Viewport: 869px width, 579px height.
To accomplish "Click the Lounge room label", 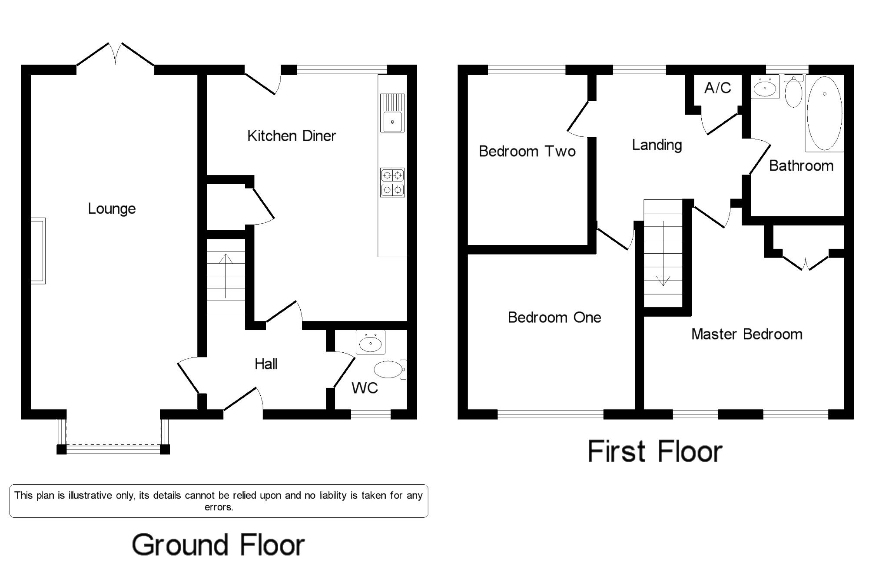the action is pyautogui.click(x=112, y=209).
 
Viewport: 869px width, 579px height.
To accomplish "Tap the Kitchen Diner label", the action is pyautogui.click(x=292, y=136).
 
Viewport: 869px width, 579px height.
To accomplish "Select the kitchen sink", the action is pyautogui.click(x=392, y=113).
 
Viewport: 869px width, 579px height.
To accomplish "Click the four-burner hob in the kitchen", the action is pyautogui.click(x=392, y=182).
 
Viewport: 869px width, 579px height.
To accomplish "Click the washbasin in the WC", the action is pyautogui.click(x=371, y=342).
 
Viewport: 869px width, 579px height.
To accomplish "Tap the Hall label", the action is pyautogui.click(x=266, y=364).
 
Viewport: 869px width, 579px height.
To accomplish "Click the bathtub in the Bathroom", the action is pyautogui.click(x=824, y=113).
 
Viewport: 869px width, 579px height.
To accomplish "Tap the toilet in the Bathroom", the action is pyautogui.click(x=794, y=91).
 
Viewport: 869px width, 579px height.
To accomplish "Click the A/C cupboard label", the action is pyautogui.click(x=718, y=88).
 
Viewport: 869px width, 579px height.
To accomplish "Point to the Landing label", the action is pyautogui.click(x=657, y=145).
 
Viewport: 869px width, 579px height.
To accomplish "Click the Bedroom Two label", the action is pyautogui.click(x=527, y=151).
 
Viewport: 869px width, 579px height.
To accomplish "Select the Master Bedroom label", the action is pyautogui.click(x=747, y=334).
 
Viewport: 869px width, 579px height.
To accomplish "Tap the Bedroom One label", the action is pyautogui.click(x=554, y=318).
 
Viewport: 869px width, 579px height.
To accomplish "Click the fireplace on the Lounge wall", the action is pyautogui.click(x=38, y=251).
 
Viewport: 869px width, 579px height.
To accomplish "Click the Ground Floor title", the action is pyautogui.click(x=218, y=545).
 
